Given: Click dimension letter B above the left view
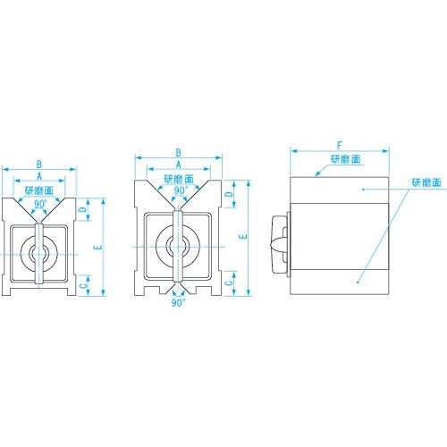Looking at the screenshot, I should pyautogui.click(x=39, y=164).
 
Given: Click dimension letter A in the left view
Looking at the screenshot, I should pyautogui.click(x=39, y=177).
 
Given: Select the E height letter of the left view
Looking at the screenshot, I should pyautogui.click(x=94, y=246).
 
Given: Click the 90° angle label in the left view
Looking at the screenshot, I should pyautogui.click(x=40, y=203).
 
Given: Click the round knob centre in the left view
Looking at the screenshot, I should pyautogui.click(x=38, y=253).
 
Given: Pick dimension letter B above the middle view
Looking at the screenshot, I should pyautogui.click(x=179, y=153).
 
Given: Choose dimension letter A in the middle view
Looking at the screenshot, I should pyautogui.click(x=179, y=165).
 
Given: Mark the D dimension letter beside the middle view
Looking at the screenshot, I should pyautogui.click(x=229, y=194).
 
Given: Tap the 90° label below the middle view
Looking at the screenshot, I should pyautogui.click(x=179, y=304).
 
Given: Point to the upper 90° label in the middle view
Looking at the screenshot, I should pyautogui.click(x=180, y=190).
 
